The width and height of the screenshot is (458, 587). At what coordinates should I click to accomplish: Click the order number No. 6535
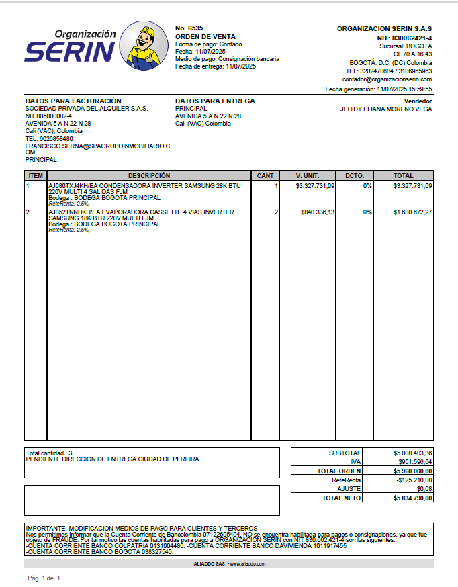189,28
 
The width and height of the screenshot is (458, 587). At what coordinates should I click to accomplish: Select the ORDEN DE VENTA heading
201,36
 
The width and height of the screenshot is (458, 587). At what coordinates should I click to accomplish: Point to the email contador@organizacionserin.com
387,79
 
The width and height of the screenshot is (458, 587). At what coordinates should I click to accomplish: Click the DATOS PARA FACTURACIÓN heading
73,101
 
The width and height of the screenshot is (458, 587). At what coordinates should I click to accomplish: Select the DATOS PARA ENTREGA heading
215,101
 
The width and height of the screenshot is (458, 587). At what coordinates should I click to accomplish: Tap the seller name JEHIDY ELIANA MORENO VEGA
386,109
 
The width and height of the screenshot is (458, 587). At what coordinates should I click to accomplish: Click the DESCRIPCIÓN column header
149,175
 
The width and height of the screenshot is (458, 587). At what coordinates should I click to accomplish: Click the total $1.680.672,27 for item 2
412,212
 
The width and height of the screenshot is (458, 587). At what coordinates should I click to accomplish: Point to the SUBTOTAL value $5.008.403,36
413,453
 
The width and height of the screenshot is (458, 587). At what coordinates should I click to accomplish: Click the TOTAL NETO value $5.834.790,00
413,498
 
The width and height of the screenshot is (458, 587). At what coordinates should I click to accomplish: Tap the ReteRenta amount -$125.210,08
414,480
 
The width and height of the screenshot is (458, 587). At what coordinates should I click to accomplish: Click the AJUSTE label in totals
349,489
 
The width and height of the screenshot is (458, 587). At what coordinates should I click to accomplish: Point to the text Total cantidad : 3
49,453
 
